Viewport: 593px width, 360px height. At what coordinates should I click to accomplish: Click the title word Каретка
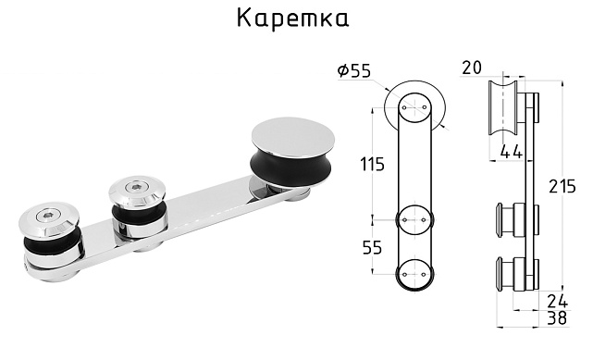pos(293,19)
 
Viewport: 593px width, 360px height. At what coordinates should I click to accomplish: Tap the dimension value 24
pos(557,300)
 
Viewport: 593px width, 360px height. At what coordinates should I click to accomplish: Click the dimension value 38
pos(557,317)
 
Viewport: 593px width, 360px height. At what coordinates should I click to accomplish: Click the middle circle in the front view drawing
pos(415,221)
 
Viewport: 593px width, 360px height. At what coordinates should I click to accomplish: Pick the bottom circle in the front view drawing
pos(415,274)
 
